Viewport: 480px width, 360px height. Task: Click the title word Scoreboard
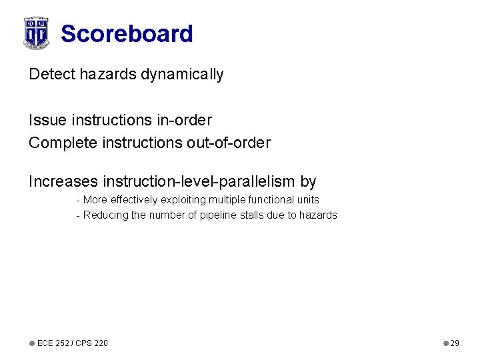pyautogui.click(x=127, y=33)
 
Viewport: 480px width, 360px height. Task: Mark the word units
pyautogui.click(x=308, y=199)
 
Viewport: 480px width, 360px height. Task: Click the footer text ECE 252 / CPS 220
pyautogui.click(x=72, y=343)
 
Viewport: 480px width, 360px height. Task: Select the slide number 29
pyautogui.click(x=455, y=343)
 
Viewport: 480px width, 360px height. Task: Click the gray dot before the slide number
pyautogui.click(x=446, y=343)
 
